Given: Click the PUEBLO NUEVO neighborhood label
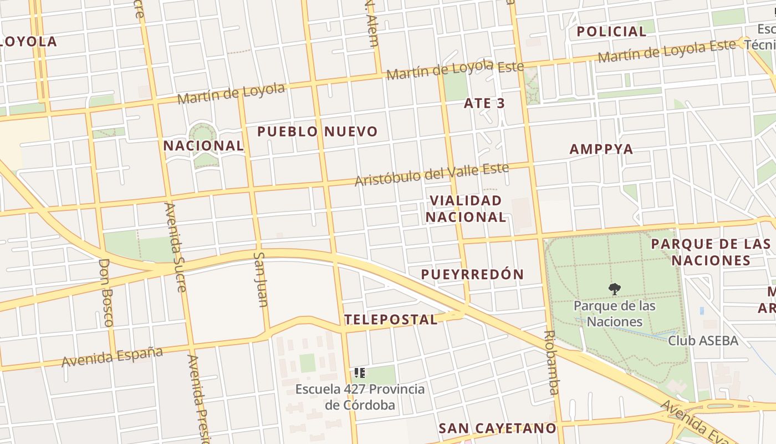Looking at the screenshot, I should pos(318,132).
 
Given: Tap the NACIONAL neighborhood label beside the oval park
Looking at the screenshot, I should pos(203,146).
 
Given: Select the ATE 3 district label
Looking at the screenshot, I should pos(484,103).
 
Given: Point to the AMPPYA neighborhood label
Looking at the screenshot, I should pos(601,149).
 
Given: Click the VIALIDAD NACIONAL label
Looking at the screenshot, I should pos(466,209).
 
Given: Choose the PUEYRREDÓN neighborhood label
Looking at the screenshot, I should pos(472,274).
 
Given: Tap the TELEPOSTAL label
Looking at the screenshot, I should pos(391,320).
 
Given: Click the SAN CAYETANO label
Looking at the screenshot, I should pos(497,428).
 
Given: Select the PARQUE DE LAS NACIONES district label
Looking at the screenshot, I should pos(711,252).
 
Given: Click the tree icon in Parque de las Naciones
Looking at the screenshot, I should pos(614,289).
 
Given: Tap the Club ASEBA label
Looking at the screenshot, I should pos(703,340).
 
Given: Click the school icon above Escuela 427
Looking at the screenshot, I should pos(359,373).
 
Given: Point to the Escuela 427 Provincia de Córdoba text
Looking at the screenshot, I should pos(360,397).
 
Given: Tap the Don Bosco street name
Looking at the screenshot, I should pos(106,292).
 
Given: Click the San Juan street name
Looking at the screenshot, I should pos(260,279).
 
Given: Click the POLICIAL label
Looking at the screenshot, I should pos(611,32).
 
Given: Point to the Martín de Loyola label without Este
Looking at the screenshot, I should pos(231,93).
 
